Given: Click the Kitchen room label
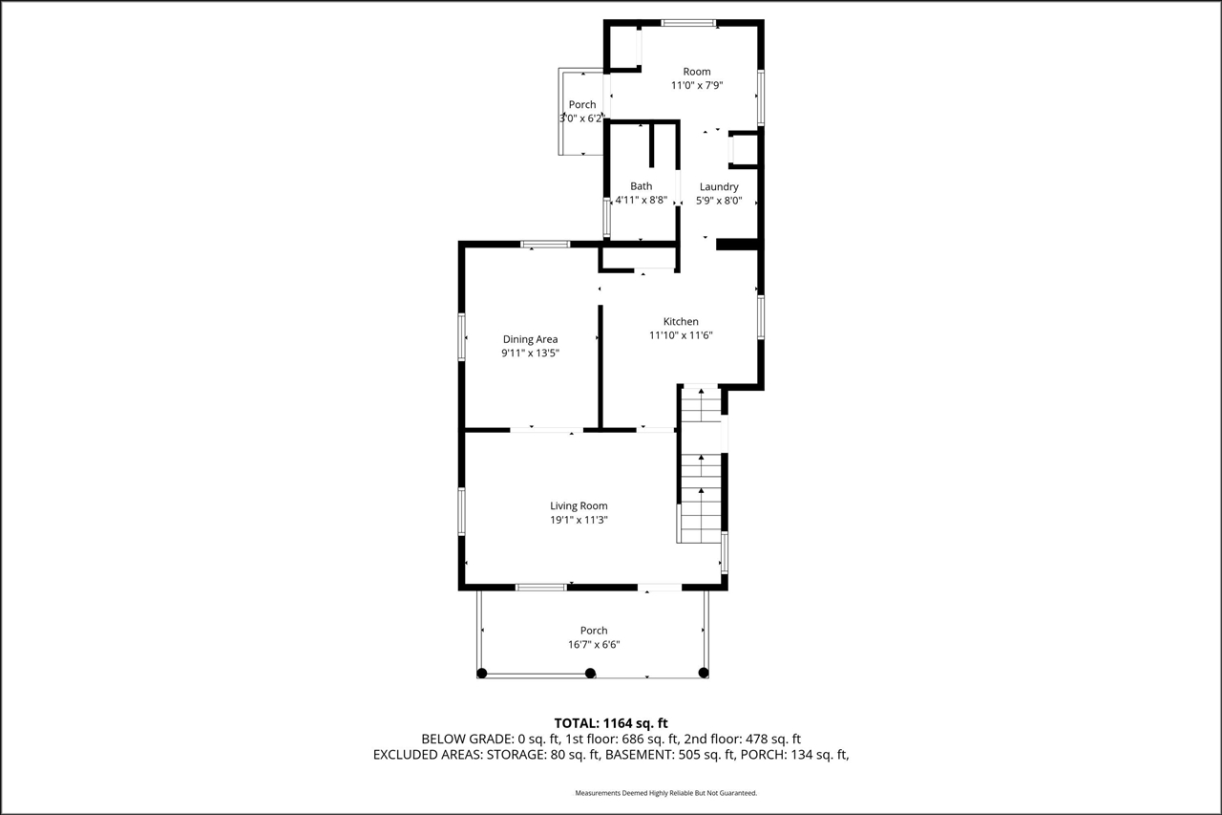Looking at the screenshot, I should [x=681, y=322].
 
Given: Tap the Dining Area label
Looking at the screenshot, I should [x=530, y=339].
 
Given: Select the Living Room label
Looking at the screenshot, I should [x=579, y=506].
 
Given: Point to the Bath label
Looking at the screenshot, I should [x=641, y=186].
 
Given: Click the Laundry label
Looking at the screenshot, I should [x=719, y=187].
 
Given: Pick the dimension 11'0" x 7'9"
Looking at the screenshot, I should [x=697, y=85].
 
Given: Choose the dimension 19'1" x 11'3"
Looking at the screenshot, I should [x=579, y=521].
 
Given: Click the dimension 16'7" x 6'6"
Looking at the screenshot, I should [x=594, y=645].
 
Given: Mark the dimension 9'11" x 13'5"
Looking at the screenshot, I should [x=530, y=353].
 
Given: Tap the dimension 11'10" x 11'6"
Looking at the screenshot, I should [x=682, y=335].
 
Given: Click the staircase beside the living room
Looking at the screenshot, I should [x=702, y=478].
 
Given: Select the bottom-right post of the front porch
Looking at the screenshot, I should [x=704, y=673].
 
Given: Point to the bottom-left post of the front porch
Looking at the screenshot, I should [x=482, y=673].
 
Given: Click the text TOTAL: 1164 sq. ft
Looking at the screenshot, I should [x=618, y=723].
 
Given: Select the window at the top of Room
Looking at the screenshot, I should [x=689, y=23].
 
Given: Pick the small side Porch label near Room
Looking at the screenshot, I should [x=582, y=105].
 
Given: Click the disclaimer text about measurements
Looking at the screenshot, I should [x=665, y=793].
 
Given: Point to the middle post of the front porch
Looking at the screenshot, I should [x=590, y=673].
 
